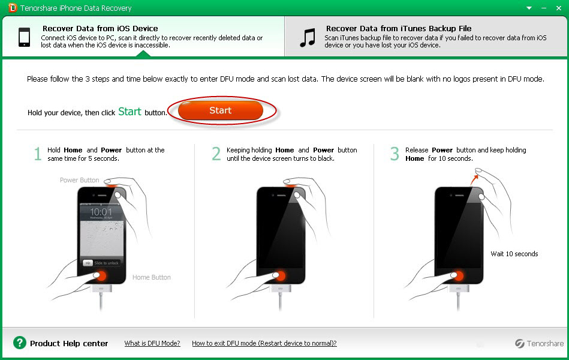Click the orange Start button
220,110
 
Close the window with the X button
558,8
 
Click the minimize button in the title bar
544,8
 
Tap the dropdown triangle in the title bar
529,8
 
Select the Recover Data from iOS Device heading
100,28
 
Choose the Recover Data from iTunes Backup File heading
399,28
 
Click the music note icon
308,38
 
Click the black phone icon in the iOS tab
25,37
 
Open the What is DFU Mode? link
152,343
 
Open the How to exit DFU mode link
264,343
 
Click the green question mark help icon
20,343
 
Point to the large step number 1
37,154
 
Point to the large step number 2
216,154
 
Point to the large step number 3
395,154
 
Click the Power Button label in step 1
80,180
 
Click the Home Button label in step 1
151,277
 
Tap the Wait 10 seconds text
514,254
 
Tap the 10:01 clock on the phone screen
101,211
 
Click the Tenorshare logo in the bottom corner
539,343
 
